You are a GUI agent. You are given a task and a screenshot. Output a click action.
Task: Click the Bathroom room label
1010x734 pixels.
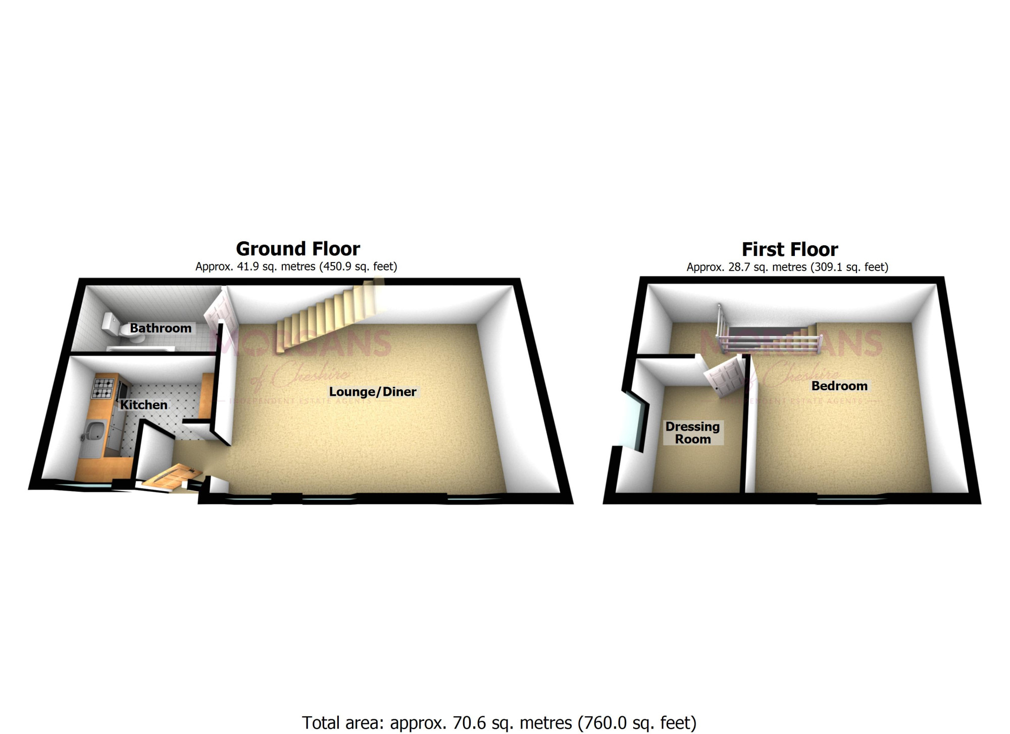pos(161,328)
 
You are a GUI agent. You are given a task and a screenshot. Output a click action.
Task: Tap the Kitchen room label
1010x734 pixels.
pos(143,405)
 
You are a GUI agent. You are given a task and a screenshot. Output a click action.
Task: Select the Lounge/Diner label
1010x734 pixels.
pos(373,392)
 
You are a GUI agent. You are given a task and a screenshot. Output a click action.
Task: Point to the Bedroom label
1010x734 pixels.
pos(839,386)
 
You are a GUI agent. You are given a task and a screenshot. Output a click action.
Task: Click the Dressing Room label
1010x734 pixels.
pos(692,433)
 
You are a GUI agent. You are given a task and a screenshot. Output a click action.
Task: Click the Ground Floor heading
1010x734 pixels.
pos(298,249)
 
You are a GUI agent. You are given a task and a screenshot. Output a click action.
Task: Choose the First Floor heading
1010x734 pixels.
pos(790,249)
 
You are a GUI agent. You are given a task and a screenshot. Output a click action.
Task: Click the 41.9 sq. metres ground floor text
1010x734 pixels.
pos(296,267)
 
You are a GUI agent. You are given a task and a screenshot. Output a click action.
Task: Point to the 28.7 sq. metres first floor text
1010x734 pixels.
pos(787,267)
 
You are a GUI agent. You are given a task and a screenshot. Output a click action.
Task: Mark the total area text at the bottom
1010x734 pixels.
pos(499,723)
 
